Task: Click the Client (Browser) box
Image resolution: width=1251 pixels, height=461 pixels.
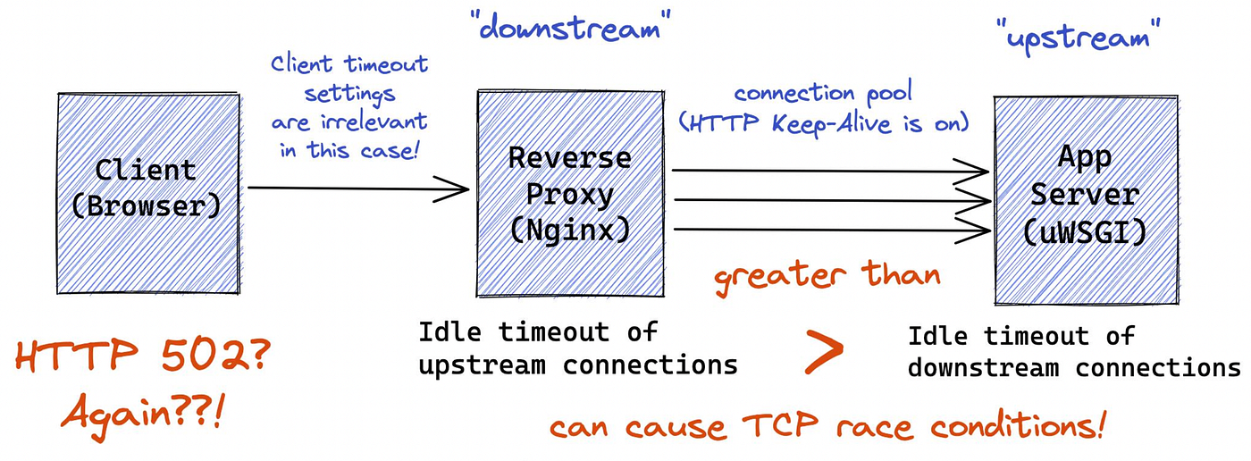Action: point(148,192)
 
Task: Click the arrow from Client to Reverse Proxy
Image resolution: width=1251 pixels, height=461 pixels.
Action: point(357,189)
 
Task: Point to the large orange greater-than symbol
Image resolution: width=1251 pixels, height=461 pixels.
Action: point(824,351)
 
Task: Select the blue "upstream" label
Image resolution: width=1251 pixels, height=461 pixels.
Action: point(1077,38)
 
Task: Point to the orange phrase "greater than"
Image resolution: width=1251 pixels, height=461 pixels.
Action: point(827,271)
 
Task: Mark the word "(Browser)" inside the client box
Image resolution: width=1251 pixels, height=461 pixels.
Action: point(146,205)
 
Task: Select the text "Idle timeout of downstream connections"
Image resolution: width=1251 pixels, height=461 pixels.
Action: point(1073,351)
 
